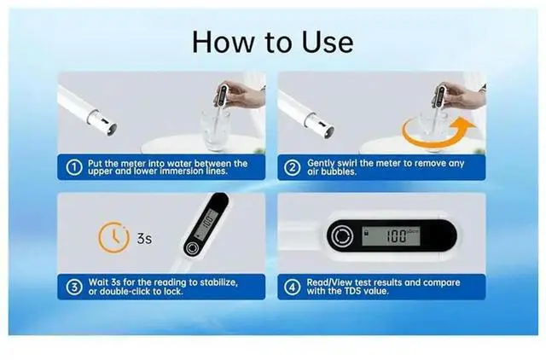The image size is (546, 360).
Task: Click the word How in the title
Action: point(224,42)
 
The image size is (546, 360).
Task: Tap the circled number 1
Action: point(74,167)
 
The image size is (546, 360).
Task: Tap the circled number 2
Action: point(292,167)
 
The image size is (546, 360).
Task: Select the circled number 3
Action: point(74,287)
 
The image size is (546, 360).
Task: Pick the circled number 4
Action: point(292,287)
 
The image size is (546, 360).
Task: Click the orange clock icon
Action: point(113,237)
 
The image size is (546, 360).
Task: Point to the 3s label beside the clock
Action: point(144,239)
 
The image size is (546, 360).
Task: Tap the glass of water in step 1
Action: point(215,131)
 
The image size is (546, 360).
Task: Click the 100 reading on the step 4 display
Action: point(396,236)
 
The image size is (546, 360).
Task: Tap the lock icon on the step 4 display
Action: point(366,232)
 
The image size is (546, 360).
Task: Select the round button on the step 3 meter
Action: point(192,248)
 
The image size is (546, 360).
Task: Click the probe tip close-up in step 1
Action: point(102,123)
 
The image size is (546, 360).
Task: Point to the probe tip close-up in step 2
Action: point(319,125)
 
